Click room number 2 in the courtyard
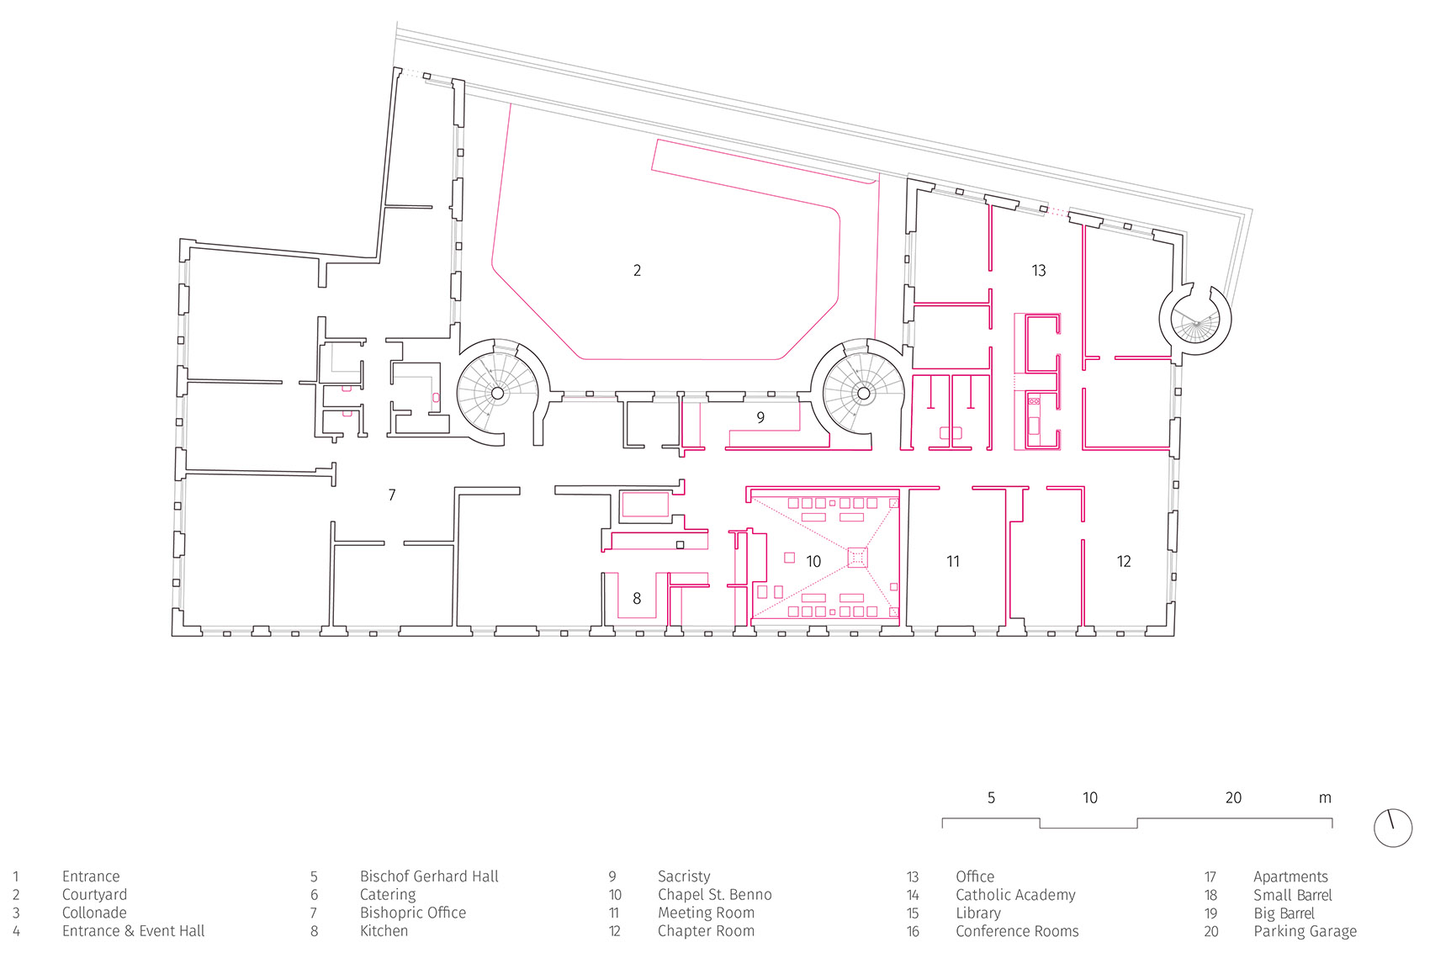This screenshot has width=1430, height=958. [x=637, y=270]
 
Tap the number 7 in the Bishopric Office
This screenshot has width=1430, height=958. [x=392, y=495]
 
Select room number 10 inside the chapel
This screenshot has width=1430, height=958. [x=813, y=561]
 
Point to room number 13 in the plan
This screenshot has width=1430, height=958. [x=1038, y=270]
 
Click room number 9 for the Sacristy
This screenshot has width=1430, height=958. [x=760, y=417]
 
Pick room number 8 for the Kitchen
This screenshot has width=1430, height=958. [x=637, y=598]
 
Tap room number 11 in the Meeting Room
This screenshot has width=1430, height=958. [x=952, y=561]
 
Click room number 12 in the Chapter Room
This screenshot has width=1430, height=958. [x=1124, y=561]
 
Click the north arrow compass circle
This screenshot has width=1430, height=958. [x=1392, y=828]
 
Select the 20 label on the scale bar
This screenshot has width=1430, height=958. [x=1232, y=797]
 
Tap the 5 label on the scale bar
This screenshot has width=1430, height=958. [x=991, y=797]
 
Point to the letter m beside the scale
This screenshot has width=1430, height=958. [x=1325, y=798]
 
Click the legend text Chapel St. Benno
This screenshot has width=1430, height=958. [x=714, y=894]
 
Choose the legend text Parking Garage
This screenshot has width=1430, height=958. [x=1305, y=931]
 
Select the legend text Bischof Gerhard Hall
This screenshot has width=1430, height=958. [x=429, y=876]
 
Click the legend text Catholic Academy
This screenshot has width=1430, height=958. [x=1015, y=894]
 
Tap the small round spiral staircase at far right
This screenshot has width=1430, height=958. [x=1195, y=320]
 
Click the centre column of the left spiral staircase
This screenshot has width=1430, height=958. [x=497, y=393]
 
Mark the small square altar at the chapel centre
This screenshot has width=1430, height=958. [x=857, y=557]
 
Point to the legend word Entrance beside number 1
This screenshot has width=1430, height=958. [x=91, y=876]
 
